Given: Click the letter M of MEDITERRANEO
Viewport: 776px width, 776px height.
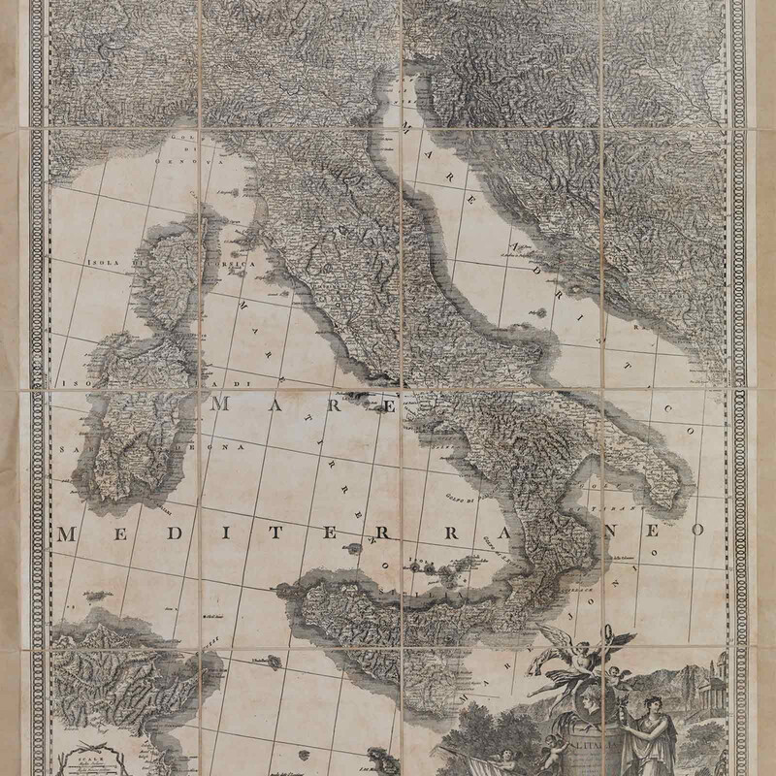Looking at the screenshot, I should coord(68,533).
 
